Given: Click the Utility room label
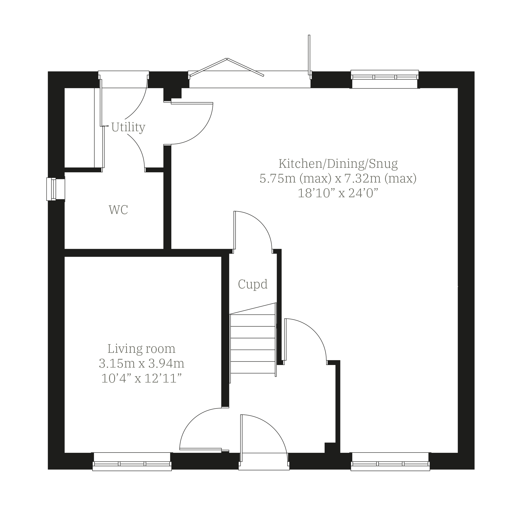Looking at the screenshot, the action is tap(128, 127).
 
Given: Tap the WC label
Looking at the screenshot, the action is tap(118, 210).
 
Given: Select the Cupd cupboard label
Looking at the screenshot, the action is tap(253, 284).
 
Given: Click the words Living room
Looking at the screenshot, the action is tap(142, 349).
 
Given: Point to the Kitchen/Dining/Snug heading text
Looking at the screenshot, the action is tap(338, 164).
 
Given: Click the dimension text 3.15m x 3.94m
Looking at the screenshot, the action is tap(142, 363).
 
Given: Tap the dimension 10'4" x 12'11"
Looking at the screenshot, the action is tap(142, 378).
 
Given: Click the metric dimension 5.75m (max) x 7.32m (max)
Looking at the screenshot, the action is tap(338, 178).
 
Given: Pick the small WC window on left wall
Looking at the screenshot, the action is tap(56, 189).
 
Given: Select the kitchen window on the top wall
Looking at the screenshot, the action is tap(385, 79).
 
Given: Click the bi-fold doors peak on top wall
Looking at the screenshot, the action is tap(227, 59).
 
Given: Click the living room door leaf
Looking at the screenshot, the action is tap(201, 449).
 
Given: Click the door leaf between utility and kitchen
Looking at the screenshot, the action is tap(192, 103).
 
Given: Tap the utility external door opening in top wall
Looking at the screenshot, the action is tap(124, 79).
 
